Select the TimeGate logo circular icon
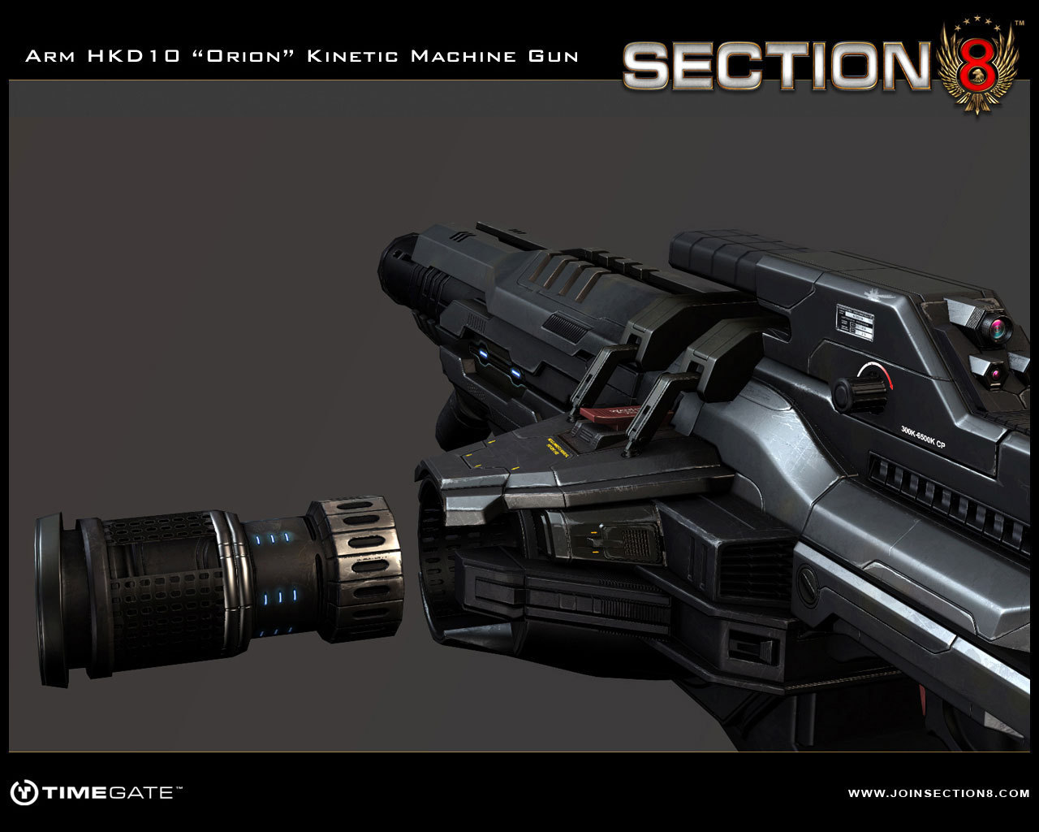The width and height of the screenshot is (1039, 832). pos(24,792)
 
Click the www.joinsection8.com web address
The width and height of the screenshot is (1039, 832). pos(938,792)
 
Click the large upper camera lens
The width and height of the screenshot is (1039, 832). pos(994,328)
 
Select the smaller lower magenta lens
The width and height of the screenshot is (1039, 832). pos(995,374)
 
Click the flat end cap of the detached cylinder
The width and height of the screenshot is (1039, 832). pos(50,599)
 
